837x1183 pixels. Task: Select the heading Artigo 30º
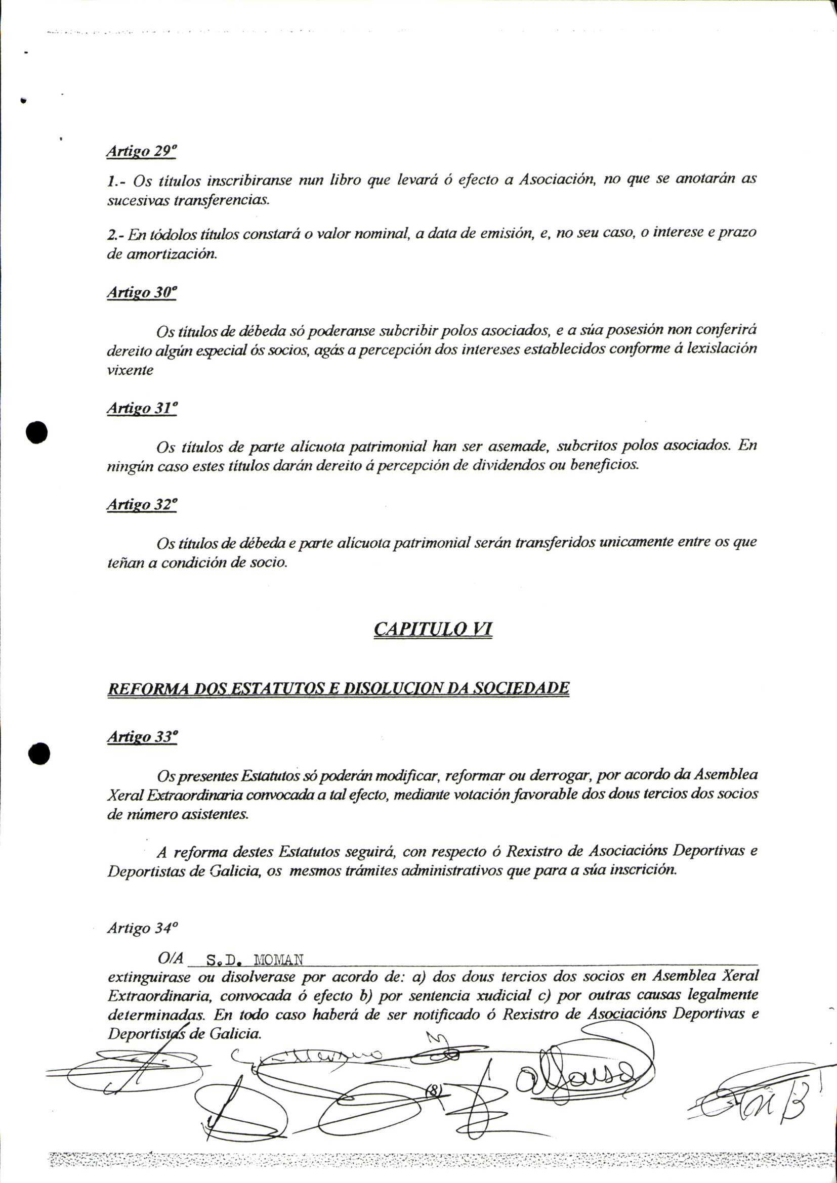coord(142,293)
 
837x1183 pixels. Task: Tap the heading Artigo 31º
coord(142,408)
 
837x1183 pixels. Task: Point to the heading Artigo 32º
coord(142,504)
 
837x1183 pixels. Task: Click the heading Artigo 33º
coord(142,737)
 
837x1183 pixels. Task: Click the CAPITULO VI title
coord(433,629)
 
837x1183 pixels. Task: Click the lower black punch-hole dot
coord(38,755)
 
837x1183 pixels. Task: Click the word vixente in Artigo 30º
coord(130,370)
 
